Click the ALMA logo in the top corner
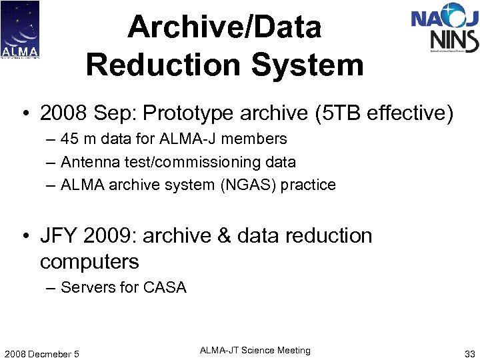(x=20, y=30)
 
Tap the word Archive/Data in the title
(x=225, y=27)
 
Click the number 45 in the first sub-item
(x=69, y=139)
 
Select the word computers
(x=89, y=261)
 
